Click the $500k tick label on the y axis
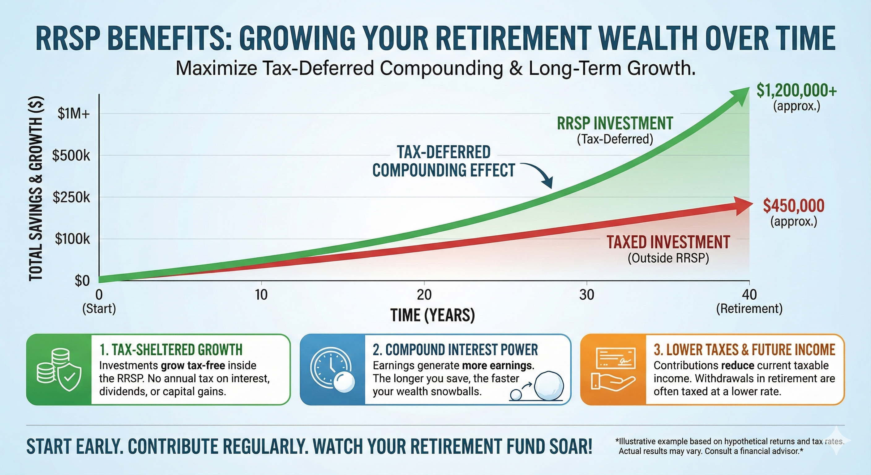71,156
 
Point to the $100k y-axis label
72,239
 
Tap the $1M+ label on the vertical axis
73,114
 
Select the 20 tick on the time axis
424,295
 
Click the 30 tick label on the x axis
587,295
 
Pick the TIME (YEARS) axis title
433,315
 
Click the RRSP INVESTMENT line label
615,123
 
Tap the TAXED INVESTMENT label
668,242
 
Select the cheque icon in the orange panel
613,360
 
